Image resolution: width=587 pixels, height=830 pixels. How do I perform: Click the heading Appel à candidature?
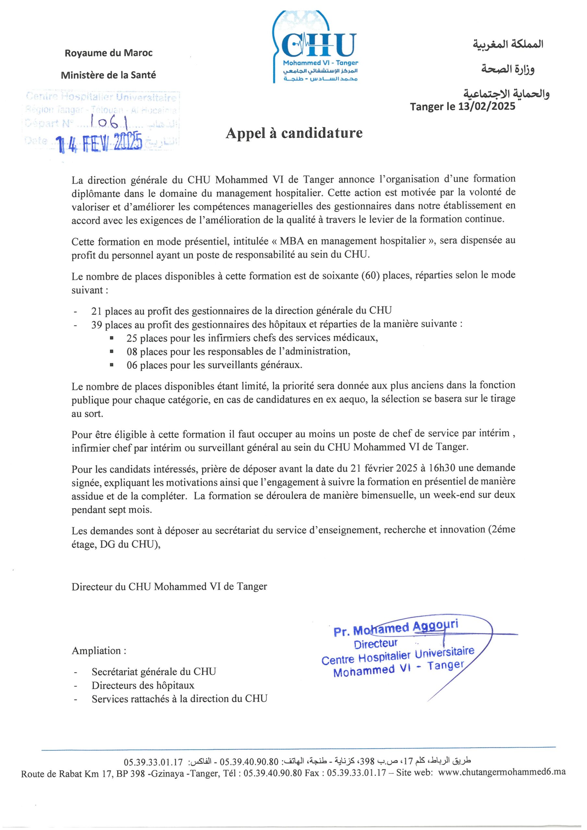294,133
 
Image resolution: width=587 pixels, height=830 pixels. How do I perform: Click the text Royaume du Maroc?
109,53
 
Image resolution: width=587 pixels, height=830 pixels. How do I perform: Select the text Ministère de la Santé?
109,75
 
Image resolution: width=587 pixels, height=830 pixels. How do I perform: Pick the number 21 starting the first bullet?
97,311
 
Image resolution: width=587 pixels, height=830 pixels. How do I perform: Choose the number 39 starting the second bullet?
97,324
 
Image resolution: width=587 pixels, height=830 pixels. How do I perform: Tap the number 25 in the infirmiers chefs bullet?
132,338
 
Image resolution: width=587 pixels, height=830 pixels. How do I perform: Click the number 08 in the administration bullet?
132,351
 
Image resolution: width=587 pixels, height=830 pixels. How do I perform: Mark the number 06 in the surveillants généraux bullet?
132,365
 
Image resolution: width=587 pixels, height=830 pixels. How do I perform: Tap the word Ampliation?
99,651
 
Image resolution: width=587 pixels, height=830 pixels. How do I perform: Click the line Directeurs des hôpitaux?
143,685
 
